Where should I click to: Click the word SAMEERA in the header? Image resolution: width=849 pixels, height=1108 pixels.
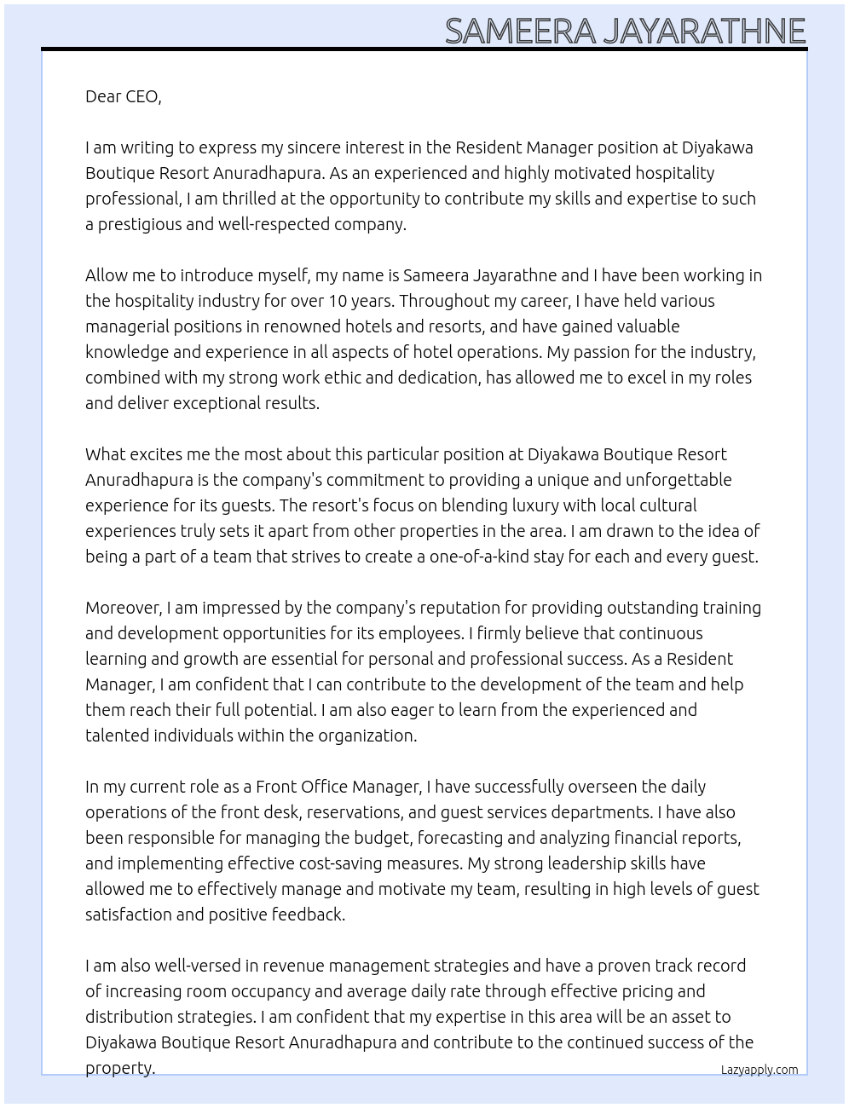coord(520,31)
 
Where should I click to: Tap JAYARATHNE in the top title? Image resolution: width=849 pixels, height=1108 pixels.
coord(704,31)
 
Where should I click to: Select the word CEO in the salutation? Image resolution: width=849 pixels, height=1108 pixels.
coord(142,96)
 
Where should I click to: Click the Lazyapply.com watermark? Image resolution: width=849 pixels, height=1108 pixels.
coord(759,1070)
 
